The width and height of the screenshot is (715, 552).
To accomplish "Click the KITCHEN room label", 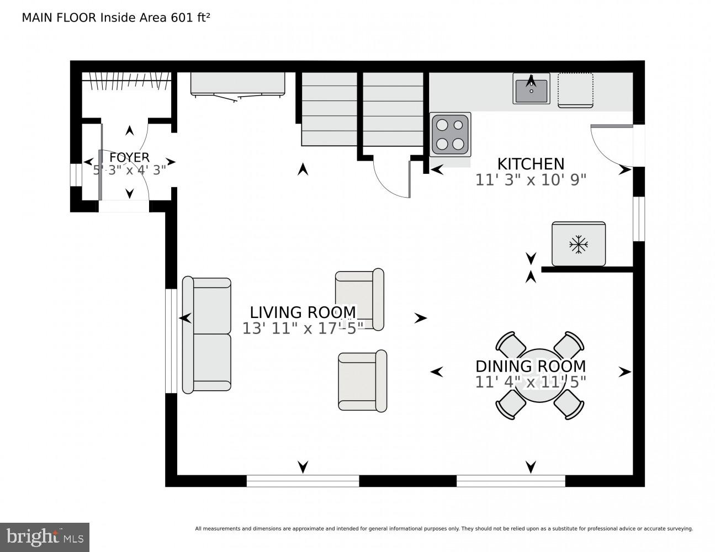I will pos(531,164).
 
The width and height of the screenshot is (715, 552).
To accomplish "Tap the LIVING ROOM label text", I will pos(303,312).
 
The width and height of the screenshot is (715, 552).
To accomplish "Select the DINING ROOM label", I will pos(531,366).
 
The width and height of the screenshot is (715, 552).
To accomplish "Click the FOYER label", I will pos(129,158).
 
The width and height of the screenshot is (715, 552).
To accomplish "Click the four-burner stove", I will pos(450,135).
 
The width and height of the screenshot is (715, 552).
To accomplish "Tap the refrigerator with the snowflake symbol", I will pos(578,244).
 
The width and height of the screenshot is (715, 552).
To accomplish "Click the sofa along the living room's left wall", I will pos(207,335).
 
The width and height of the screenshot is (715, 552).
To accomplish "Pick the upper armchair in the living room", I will pos(359,299).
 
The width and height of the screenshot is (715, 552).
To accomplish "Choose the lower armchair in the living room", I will pos(362,381).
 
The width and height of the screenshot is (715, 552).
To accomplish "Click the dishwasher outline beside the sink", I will pos(575,89).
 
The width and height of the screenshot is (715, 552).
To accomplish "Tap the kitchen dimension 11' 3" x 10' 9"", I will pos(531,180).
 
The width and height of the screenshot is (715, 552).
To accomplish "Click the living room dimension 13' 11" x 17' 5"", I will pos(303,328).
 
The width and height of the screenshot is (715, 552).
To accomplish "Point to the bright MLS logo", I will pos(45,536).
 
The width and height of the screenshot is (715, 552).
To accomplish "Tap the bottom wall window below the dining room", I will pos(511,481).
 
